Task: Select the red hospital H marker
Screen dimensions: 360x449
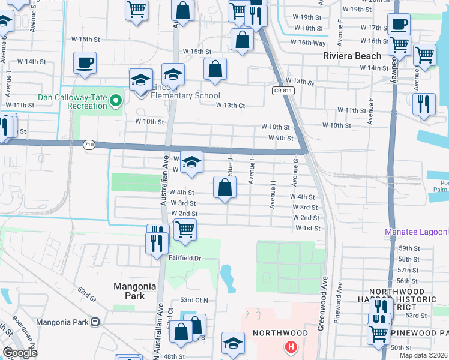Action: (291, 347)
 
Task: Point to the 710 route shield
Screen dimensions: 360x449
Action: (89, 145)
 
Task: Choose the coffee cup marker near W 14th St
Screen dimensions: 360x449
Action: (85, 62)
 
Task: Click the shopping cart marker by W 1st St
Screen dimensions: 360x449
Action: (185, 229)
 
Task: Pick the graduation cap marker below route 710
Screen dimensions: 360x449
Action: (191, 162)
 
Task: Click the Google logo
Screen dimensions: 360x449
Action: (20, 352)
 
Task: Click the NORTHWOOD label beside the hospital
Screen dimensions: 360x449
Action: (280, 333)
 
